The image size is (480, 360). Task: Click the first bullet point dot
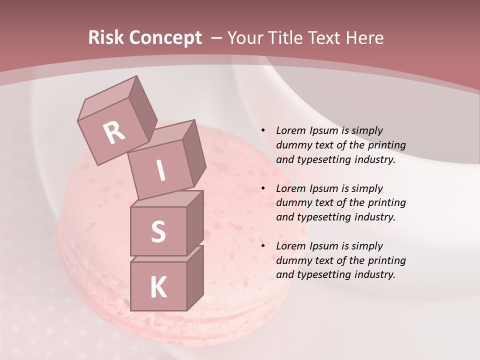(263, 131)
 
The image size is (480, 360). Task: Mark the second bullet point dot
(263, 188)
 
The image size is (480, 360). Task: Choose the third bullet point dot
(263, 246)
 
